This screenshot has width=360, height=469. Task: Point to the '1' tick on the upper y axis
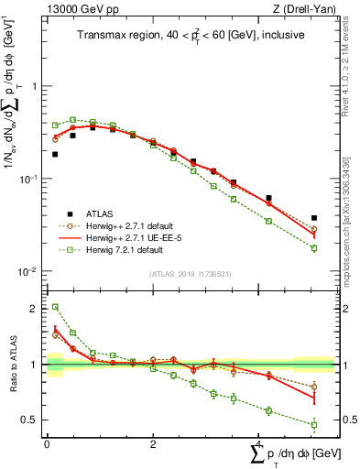[36, 86]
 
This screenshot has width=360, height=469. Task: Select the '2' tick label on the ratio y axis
[36, 309]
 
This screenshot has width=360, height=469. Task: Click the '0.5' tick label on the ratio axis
[32, 420]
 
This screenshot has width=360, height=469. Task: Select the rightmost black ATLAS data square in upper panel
[314, 218]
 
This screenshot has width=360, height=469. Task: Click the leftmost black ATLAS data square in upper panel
[55, 154]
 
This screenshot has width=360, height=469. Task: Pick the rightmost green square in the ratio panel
[314, 424]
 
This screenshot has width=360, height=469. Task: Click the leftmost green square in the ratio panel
[55, 307]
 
